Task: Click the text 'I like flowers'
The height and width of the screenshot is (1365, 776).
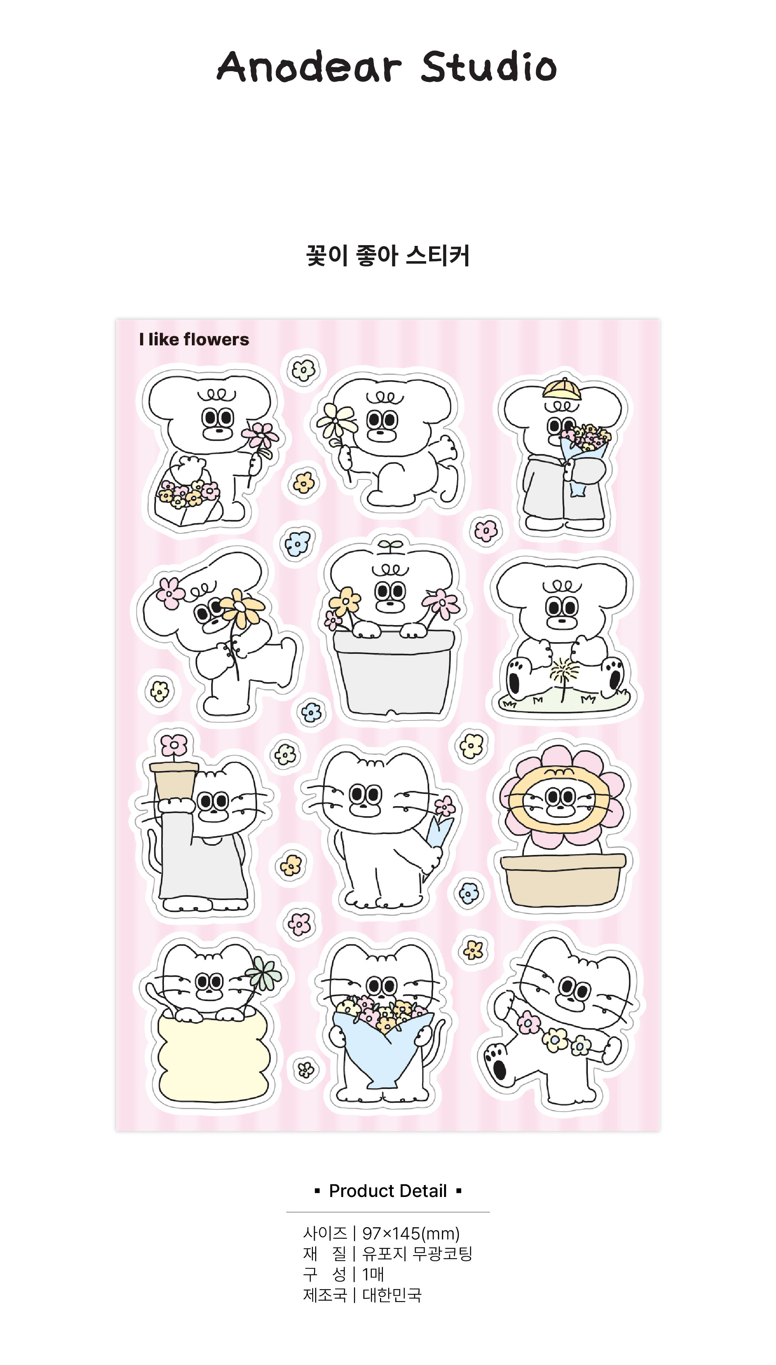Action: [x=194, y=339]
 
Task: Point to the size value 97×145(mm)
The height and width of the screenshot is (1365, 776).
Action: [x=411, y=1233]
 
